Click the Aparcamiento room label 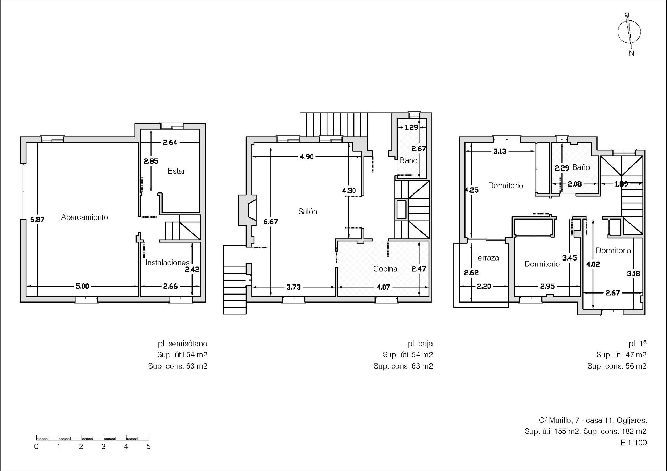tap(84, 217)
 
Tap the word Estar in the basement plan tap(176, 171)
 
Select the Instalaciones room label tap(167, 263)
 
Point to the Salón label tap(307, 212)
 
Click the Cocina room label tap(385, 269)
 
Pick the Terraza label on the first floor tap(486, 258)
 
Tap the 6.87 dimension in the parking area tap(37, 220)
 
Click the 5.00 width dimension tap(82, 286)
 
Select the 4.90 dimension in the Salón tap(307, 157)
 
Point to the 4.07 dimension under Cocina tap(383, 287)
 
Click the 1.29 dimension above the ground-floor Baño tap(411, 127)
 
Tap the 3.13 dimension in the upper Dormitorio tap(500, 151)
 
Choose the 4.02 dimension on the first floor tap(593, 264)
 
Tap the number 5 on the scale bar tap(149, 447)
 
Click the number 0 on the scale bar tap(36, 447)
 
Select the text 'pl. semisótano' tap(182, 344)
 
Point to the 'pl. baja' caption tap(420, 344)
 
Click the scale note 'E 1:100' tap(634, 443)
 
